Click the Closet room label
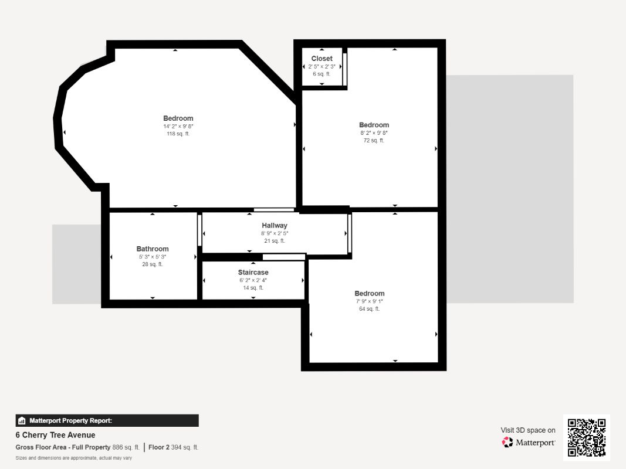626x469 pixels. [322, 59]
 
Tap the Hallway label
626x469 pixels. [274, 225]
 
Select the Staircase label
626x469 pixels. [253, 273]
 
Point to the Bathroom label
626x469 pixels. [153, 249]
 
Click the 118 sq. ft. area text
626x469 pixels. [178, 134]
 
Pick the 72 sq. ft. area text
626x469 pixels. [374, 140]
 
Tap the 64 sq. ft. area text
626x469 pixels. [369, 309]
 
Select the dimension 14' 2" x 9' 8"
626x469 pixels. [178, 127]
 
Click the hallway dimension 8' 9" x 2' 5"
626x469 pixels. [275, 233]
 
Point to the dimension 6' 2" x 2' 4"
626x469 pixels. [253, 280]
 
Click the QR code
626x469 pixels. [587, 437]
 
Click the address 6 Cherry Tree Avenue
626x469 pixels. [56, 435]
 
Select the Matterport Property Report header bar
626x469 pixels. [107, 421]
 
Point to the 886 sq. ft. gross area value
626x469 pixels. [126, 447]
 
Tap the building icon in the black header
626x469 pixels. [22, 421]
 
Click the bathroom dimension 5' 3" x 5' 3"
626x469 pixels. [153, 257]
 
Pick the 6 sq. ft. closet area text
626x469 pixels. [322, 74]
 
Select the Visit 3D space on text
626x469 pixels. [528, 430]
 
